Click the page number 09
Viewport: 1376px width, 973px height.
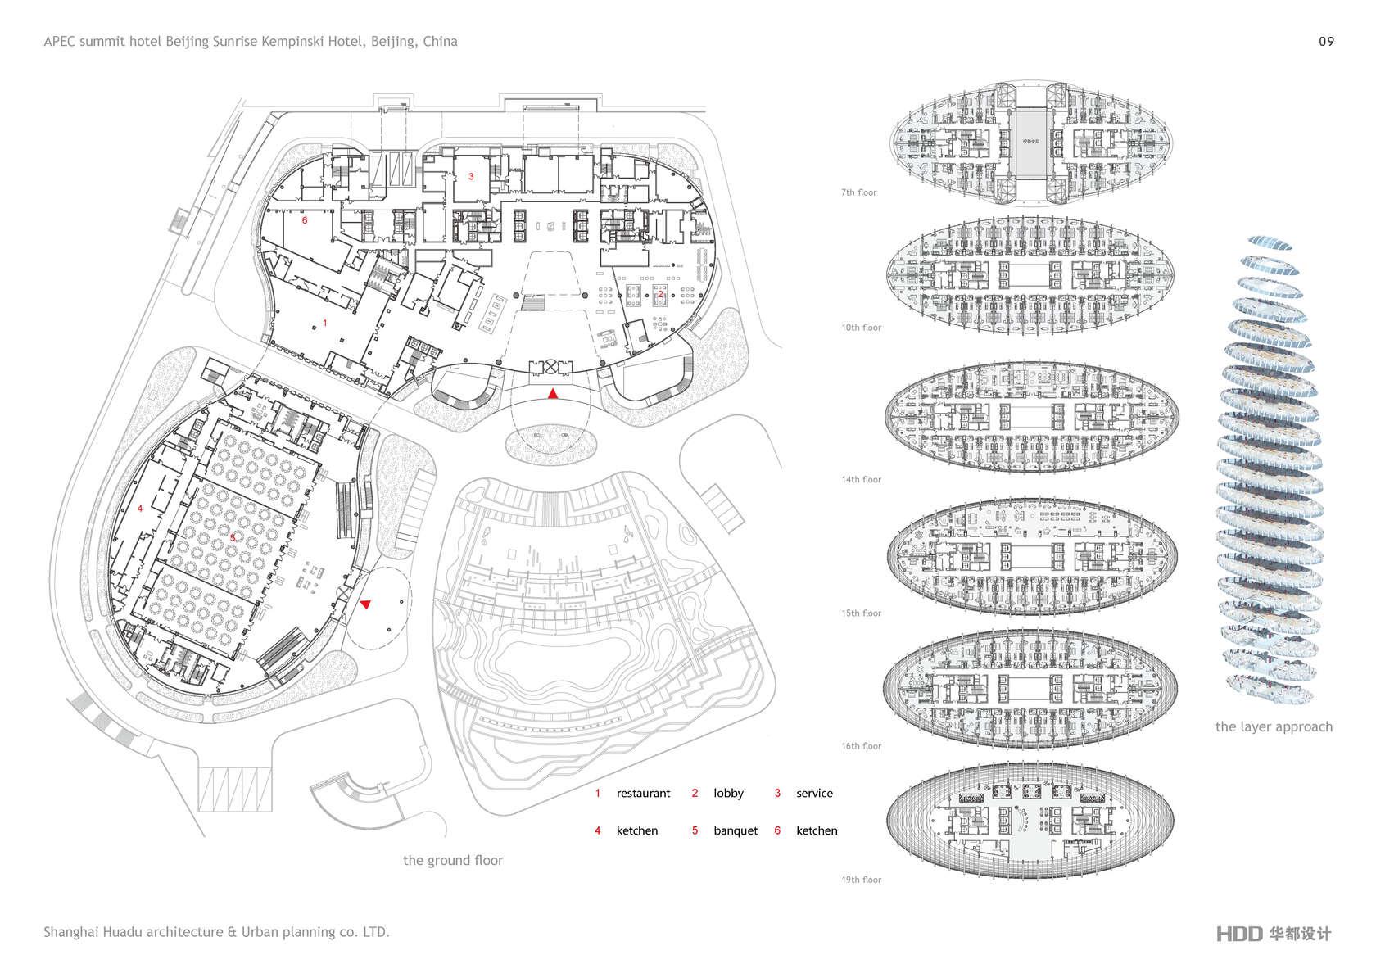tap(1326, 42)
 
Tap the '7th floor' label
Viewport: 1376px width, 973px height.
tap(858, 192)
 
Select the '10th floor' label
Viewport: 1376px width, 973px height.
tap(861, 328)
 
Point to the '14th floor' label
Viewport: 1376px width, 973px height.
tap(861, 480)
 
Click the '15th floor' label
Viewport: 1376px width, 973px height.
tap(861, 613)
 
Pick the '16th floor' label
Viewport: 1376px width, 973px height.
tap(861, 746)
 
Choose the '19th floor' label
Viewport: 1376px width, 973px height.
tap(861, 880)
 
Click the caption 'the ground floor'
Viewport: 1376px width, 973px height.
tap(452, 860)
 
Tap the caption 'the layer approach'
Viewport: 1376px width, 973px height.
tap(1274, 726)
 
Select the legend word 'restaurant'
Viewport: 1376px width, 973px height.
tap(643, 793)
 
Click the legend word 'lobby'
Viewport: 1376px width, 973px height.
tap(728, 793)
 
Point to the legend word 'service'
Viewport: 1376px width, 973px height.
tap(814, 793)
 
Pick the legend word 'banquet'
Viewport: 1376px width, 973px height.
tap(736, 830)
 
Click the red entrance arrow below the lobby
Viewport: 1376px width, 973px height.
tap(554, 395)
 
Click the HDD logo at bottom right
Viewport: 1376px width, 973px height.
tap(1238, 934)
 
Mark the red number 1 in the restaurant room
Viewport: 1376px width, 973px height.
tap(325, 324)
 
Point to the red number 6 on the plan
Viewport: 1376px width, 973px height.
tap(305, 220)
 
